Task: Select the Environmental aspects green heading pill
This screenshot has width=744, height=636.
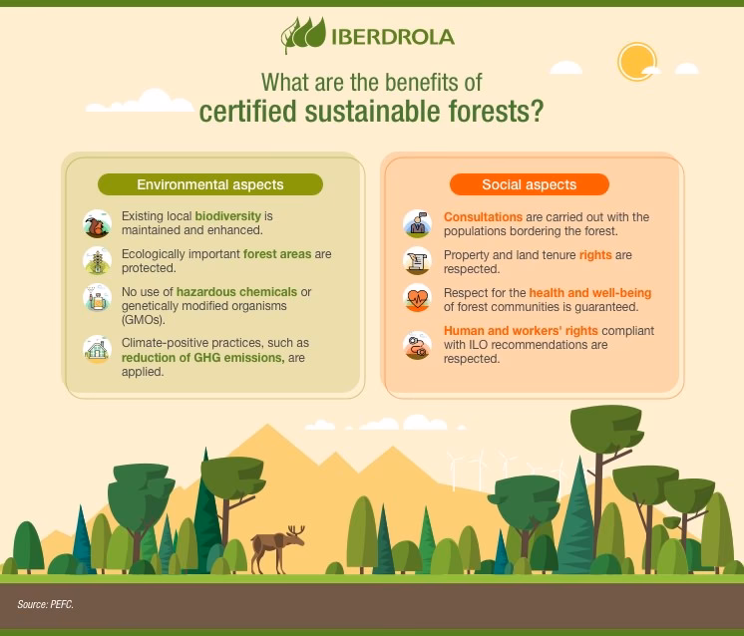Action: pyautogui.click(x=209, y=184)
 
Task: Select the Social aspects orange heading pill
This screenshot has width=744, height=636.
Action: pyautogui.click(x=529, y=184)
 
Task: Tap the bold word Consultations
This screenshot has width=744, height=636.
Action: pyautogui.click(x=484, y=216)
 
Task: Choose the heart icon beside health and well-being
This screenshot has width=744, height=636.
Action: pyautogui.click(x=416, y=298)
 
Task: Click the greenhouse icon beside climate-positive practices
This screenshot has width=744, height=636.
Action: pyautogui.click(x=97, y=349)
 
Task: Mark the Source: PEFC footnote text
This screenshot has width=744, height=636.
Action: pyautogui.click(x=46, y=605)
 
